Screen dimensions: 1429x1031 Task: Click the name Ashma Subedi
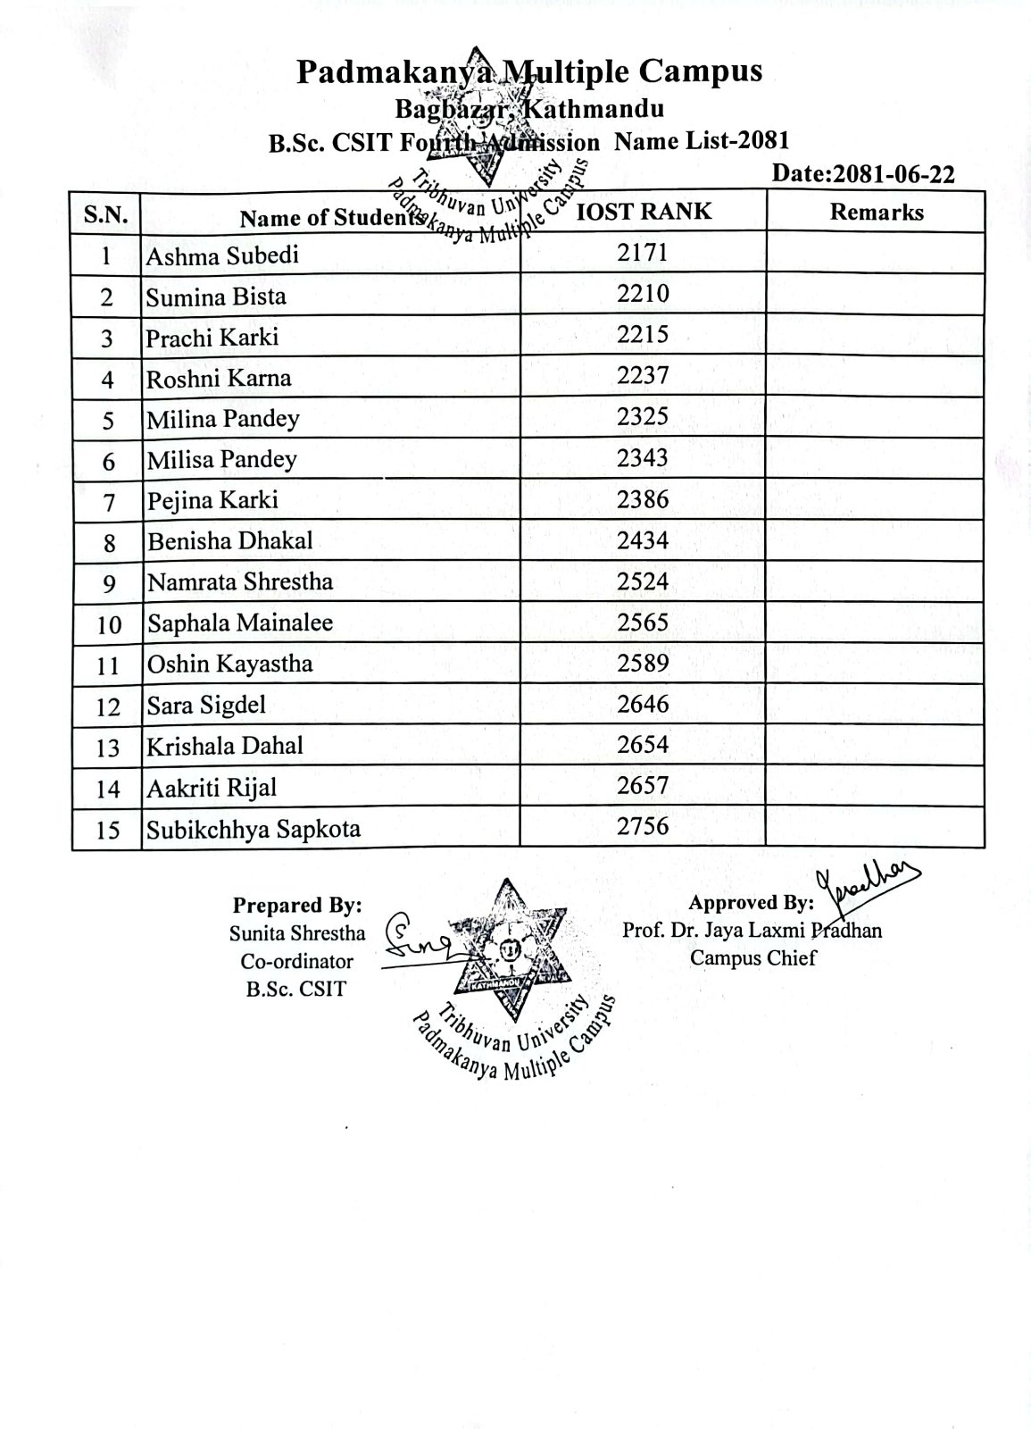222,256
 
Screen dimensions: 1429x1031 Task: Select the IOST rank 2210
643,294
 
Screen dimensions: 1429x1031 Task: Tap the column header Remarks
876,212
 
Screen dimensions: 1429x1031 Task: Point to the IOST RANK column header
644,211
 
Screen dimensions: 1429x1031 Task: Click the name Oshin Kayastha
230,664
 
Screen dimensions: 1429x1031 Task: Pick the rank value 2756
643,826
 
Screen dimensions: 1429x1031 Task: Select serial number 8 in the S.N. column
108,542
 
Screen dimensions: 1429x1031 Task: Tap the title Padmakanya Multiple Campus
529,71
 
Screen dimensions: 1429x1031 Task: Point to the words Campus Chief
752,958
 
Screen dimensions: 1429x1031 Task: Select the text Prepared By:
297,905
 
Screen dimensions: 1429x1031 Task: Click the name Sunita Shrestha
297,933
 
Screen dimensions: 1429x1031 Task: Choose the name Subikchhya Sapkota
254,829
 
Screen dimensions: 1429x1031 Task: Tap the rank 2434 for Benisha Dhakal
643,540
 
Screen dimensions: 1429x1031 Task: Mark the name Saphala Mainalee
240,623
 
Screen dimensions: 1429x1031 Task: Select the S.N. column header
106,214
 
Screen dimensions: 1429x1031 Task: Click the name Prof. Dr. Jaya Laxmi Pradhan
752,931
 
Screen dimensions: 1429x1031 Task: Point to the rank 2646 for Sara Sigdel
643,705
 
